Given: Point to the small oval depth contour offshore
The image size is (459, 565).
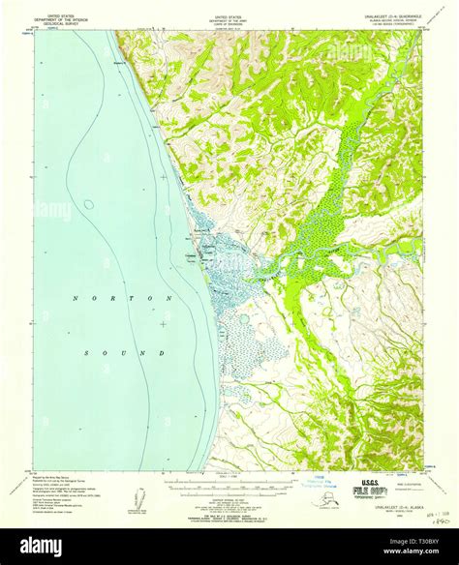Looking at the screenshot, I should pos(89,204).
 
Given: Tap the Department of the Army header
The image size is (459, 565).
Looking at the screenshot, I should pos(229,18).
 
